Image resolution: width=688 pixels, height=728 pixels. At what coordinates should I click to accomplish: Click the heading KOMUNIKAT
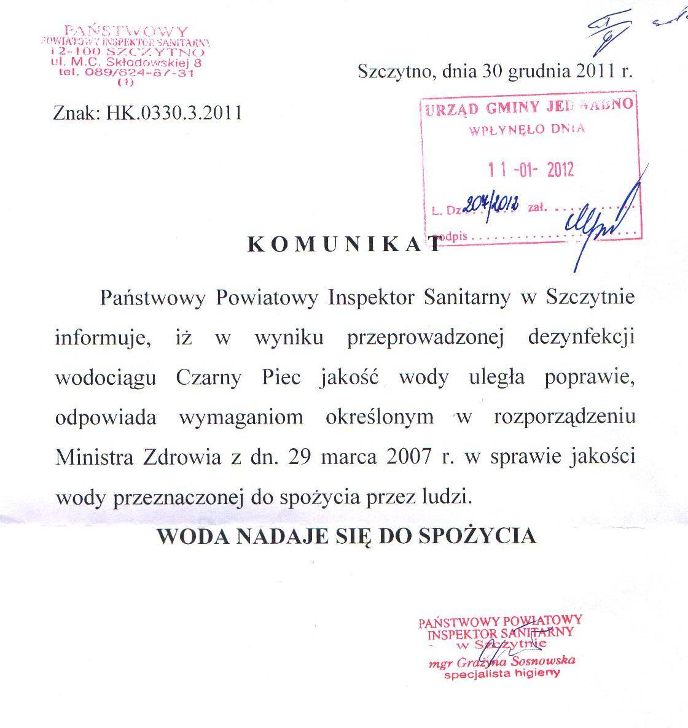[x=344, y=244]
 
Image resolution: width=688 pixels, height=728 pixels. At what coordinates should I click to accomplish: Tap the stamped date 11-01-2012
[x=531, y=169]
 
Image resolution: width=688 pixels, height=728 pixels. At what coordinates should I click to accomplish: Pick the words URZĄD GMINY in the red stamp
[x=480, y=109]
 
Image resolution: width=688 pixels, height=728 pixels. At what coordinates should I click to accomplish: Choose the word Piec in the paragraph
[x=281, y=378]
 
